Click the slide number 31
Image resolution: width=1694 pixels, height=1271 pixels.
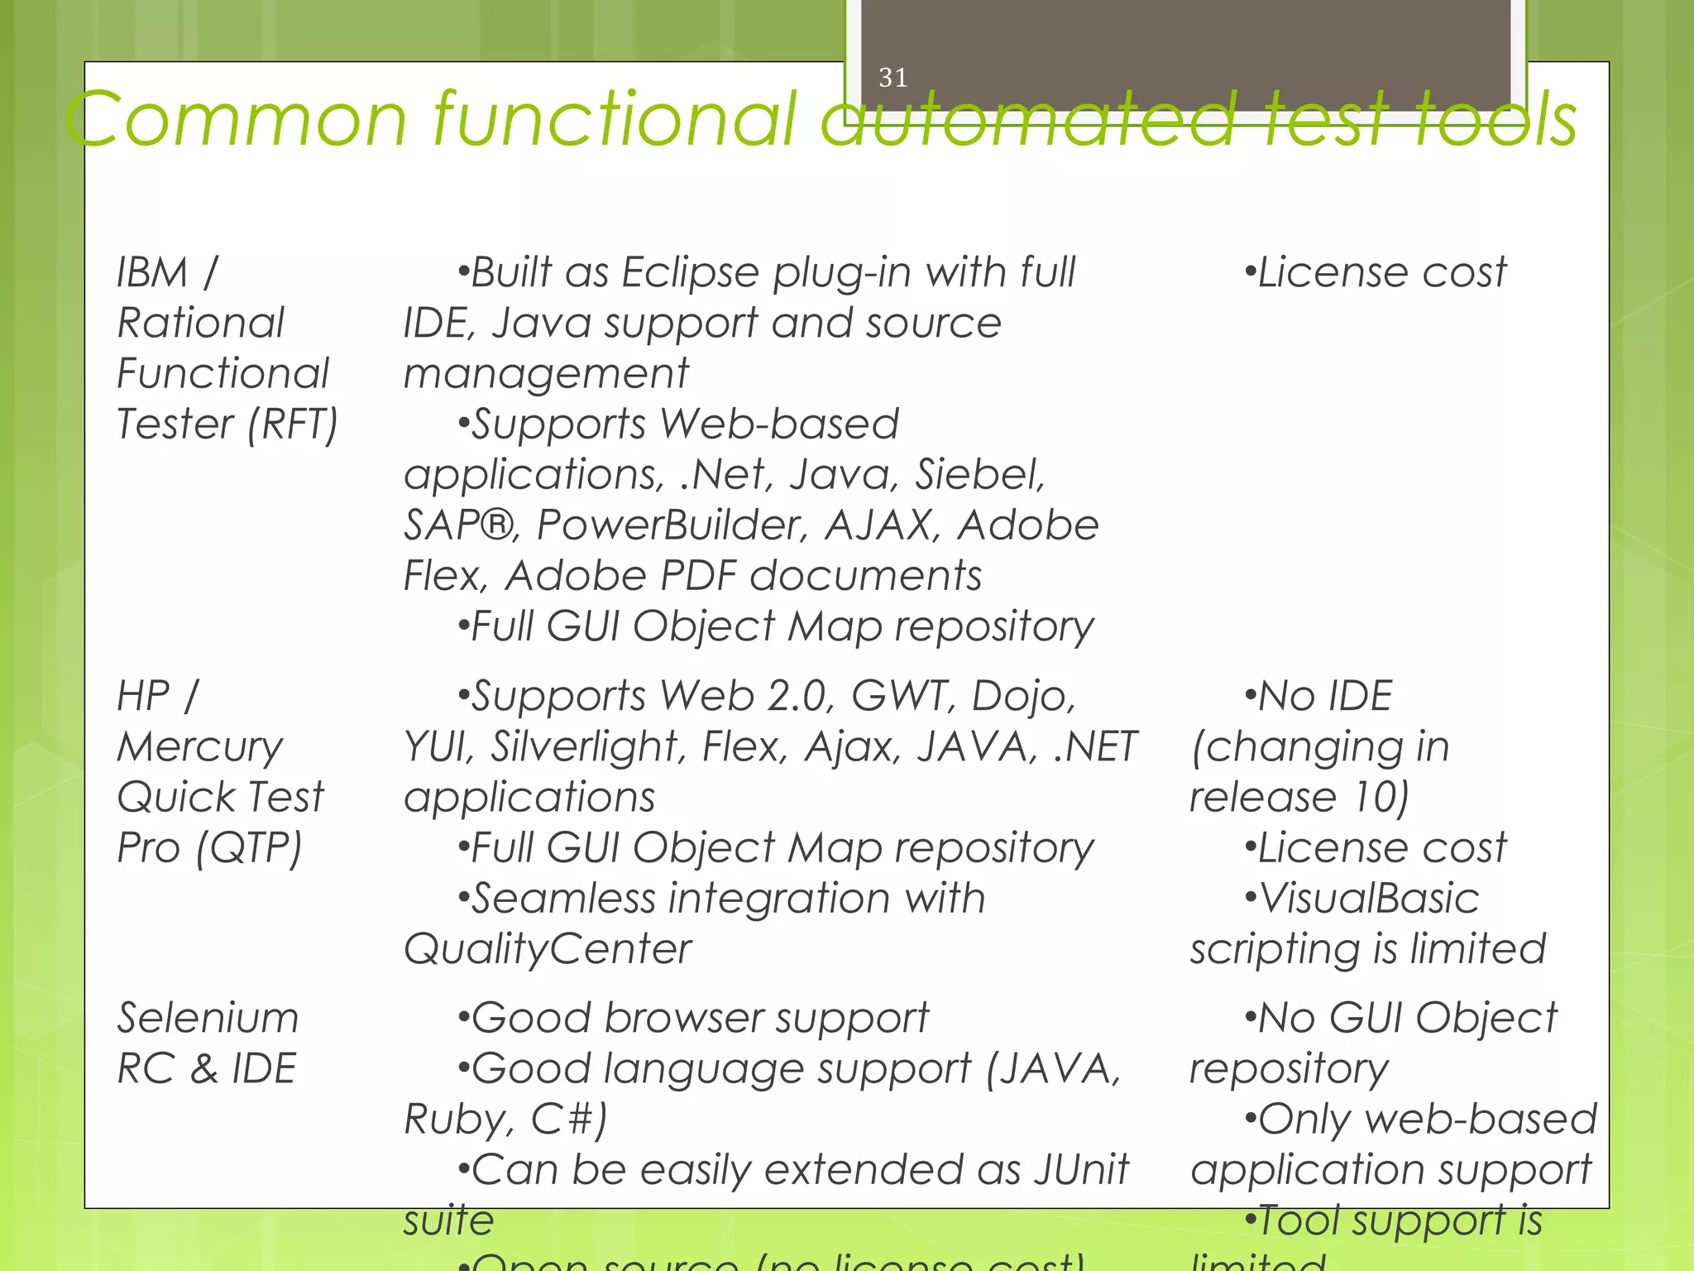(892, 78)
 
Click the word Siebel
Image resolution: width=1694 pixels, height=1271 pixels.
(979, 475)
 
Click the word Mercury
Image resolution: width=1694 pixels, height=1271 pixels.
(200, 748)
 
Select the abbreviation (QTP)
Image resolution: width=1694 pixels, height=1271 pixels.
(250, 849)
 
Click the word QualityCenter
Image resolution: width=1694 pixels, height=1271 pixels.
(547, 949)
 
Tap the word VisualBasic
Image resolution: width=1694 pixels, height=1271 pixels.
(1369, 899)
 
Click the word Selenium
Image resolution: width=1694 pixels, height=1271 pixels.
(208, 1018)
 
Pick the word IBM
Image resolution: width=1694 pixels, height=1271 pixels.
(152, 272)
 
